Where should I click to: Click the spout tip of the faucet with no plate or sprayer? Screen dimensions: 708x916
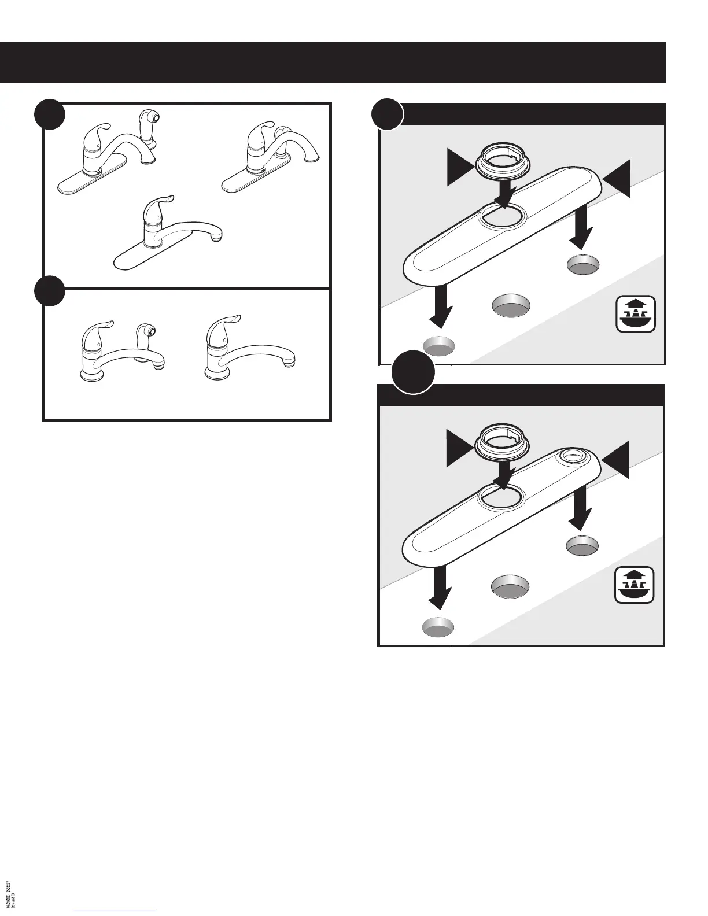tap(290, 360)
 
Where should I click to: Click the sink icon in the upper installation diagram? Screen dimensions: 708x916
tap(636, 314)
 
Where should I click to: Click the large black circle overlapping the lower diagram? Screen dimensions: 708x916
tap(412, 374)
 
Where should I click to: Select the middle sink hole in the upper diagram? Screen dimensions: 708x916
tap(511, 306)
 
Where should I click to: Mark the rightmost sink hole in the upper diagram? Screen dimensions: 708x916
tap(584, 264)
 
